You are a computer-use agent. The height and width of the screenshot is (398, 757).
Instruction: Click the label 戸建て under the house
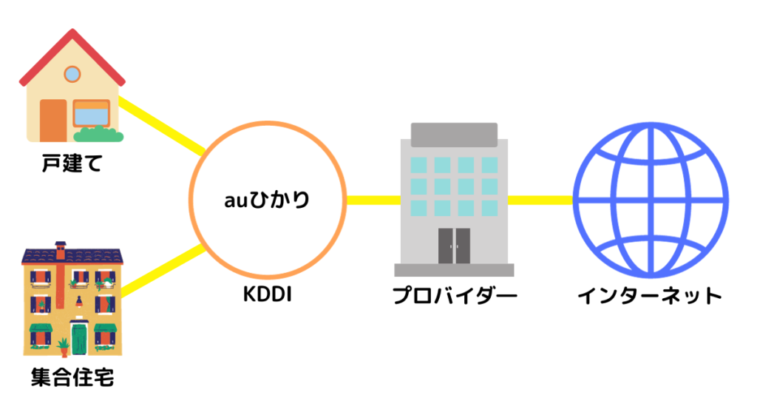(72, 163)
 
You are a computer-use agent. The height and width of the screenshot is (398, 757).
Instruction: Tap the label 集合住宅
(72, 379)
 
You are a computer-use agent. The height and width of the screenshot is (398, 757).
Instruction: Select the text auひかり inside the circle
(268, 200)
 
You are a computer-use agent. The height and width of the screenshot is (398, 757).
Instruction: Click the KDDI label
(267, 296)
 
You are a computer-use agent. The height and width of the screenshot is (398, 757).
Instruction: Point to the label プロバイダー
(454, 296)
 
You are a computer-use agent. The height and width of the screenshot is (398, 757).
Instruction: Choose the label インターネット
(649, 296)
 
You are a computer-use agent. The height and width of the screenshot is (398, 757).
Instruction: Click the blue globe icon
(649, 200)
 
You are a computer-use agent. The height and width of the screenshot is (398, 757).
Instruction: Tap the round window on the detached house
(72, 74)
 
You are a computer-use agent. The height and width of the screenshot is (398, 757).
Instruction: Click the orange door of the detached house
(53, 118)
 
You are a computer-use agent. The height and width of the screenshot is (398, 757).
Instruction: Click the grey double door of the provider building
(454, 245)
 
